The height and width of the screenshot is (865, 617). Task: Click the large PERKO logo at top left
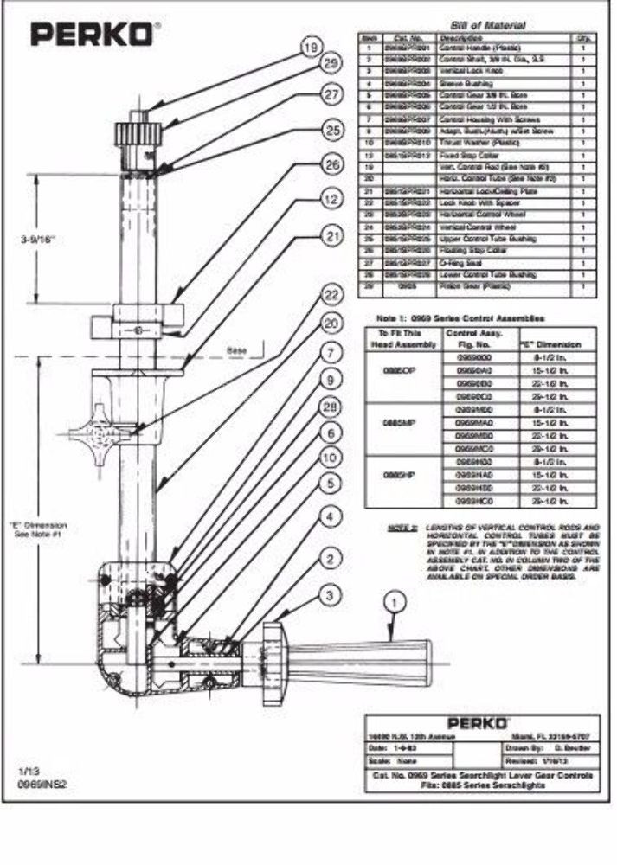click(94, 34)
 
